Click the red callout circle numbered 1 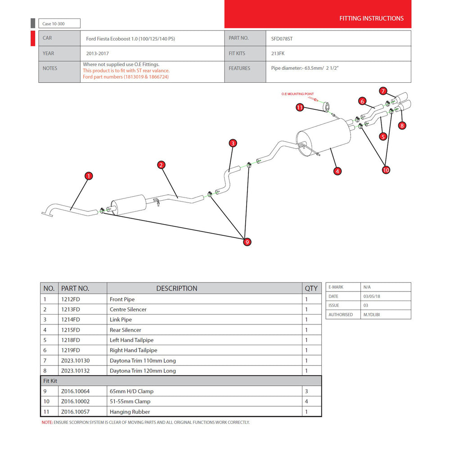pyautogui.click(x=89, y=176)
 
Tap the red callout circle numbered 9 pyautogui.click(x=247, y=242)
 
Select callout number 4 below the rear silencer pyautogui.click(x=337, y=171)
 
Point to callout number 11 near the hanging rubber pyautogui.click(x=300, y=108)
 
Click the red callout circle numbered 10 pyautogui.click(x=386, y=170)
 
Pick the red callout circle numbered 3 pyautogui.click(x=233, y=143)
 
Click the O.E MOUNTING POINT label pyautogui.click(x=297, y=94)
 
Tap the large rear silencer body pyautogui.click(x=324, y=137)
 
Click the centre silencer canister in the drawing pyautogui.click(x=129, y=205)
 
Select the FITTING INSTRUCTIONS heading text pyautogui.click(x=371, y=18)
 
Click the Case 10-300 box pyautogui.click(x=59, y=23)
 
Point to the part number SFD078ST pyautogui.click(x=282, y=39)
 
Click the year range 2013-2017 pyautogui.click(x=97, y=54)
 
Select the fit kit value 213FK pyautogui.click(x=278, y=54)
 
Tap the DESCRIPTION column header pyautogui.click(x=177, y=288)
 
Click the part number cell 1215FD pyautogui.click(x=71, y=330)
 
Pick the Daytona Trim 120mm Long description pyautogui.click(x=143, y=370)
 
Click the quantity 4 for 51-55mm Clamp pyautogui.click(x=306, y=401)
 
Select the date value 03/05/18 pyautogui.click(x=372, y=296)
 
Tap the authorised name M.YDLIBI pyautogui.click(x=371, y=315)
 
